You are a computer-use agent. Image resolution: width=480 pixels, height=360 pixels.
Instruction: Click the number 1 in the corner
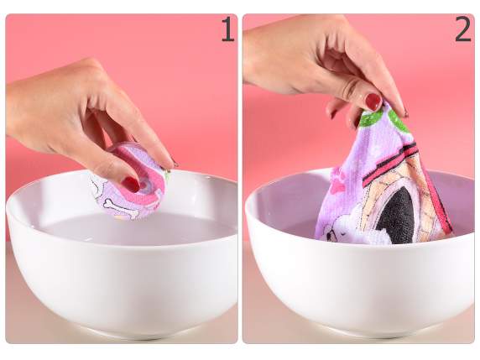pos(227,29)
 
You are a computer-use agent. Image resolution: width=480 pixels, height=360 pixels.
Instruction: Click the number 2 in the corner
pos(463,29)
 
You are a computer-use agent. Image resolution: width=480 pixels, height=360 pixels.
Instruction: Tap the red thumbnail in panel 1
pos(131,185)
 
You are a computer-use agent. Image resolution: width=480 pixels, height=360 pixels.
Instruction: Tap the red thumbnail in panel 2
pos(373,102)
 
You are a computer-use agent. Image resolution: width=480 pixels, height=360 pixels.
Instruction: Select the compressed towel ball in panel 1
pos(128,181)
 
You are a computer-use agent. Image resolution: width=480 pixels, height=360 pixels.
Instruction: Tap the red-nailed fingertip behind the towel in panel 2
pos(334,113)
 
